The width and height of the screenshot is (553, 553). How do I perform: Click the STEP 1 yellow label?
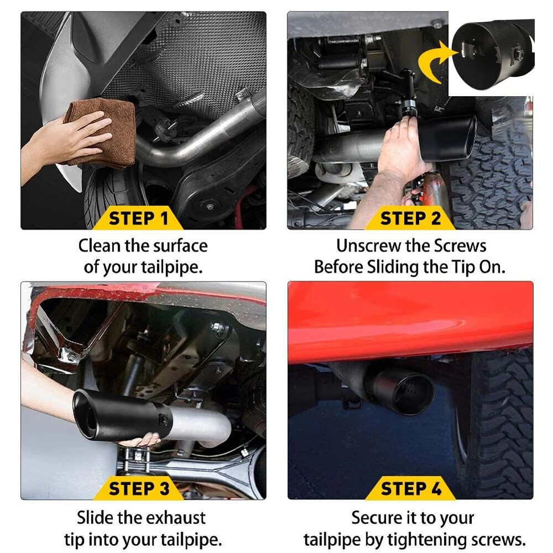click(x=138, y=219)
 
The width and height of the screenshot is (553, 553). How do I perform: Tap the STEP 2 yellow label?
click(x=410, y=219)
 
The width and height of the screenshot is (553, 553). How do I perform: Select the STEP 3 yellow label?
click(x=139, y=489)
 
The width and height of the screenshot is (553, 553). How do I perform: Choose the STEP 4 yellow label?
click(x=410, y=489)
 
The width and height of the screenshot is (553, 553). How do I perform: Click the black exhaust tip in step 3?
click(x=116, y=417)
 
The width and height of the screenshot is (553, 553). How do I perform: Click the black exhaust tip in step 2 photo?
click(x=447, y=138)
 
